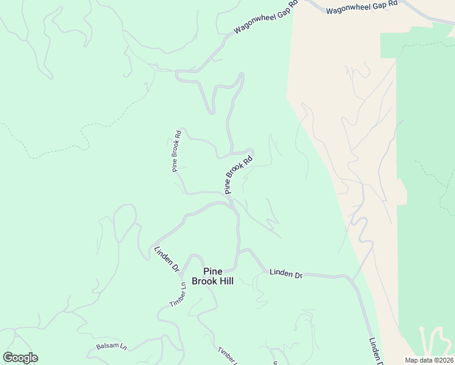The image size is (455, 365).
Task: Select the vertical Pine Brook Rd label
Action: point(176,151)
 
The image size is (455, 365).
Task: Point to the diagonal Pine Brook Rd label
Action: point(238,175)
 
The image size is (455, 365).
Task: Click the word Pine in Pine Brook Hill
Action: point(213,271)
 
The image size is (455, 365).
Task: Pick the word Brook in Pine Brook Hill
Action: point(204,281)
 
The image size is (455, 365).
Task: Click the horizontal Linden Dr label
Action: point(286,275)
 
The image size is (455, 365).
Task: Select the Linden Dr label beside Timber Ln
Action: point(166,258)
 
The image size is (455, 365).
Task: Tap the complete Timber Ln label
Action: point(178,294)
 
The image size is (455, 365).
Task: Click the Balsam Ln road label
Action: point(111,347)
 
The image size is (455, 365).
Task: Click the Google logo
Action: point(20,358)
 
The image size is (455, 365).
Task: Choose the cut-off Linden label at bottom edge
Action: point(375,352)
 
